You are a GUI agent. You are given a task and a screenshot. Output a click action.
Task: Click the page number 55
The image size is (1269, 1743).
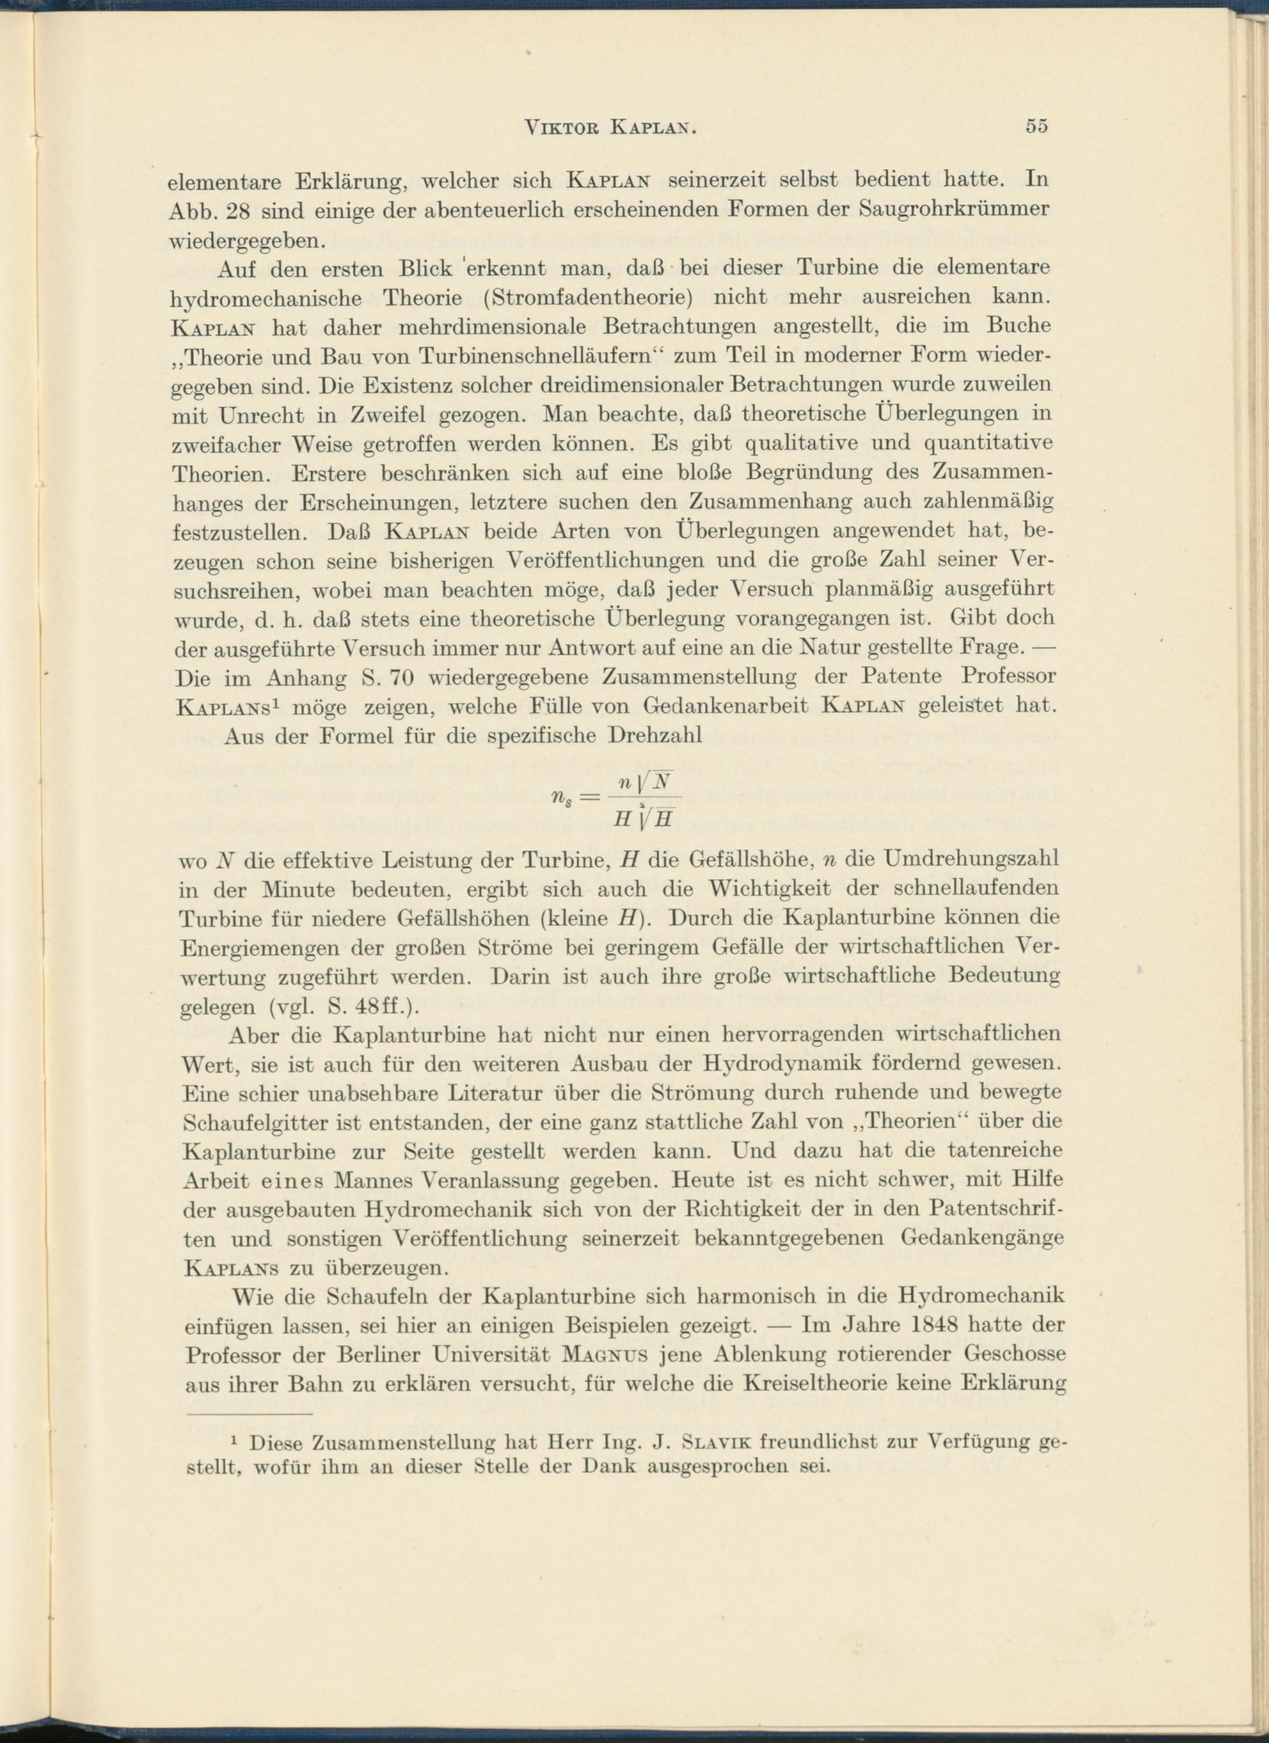click(x=1036, y=126)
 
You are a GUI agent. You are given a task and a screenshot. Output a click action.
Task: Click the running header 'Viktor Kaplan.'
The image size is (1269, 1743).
click(x=610, y=128)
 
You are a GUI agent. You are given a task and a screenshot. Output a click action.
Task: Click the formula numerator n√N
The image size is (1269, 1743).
click(x=647, y=783)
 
